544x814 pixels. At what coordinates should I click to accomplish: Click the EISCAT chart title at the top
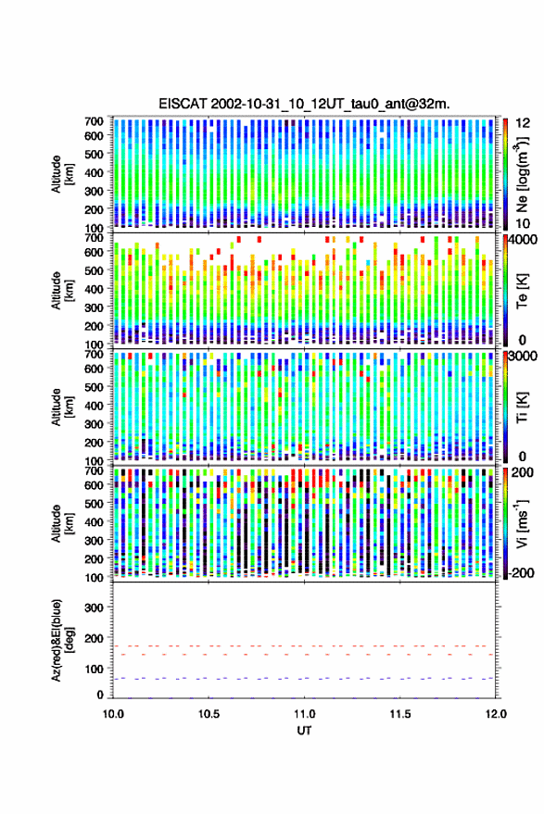304,104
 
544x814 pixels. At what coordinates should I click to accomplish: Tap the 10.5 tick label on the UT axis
209,714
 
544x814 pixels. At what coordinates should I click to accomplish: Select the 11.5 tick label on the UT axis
400,714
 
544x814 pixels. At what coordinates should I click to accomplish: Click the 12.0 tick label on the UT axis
496,714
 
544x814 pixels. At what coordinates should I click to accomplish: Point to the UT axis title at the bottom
304,731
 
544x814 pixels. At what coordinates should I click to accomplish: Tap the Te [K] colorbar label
522,291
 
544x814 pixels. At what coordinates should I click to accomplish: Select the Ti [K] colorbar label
522,407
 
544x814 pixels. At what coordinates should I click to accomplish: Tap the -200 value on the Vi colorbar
522,573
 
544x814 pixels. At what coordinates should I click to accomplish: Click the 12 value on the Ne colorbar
524,123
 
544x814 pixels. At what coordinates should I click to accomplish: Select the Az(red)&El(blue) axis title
62,640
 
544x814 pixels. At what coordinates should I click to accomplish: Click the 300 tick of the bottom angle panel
94,607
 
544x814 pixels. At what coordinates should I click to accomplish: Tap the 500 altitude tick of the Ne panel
94,154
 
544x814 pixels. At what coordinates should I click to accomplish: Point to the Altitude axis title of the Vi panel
62,523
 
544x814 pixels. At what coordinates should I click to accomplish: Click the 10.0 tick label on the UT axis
113,714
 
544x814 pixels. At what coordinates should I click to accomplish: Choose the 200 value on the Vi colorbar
523,472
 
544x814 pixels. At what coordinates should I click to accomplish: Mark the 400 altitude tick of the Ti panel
94,406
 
